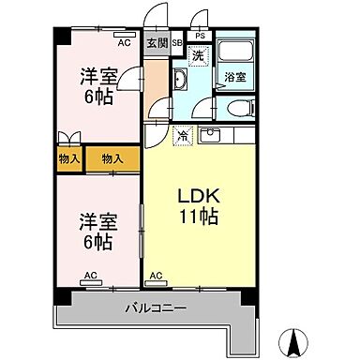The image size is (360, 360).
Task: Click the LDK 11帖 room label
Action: pyautogui.click(x=200, y=207)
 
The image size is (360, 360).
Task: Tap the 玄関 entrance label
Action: pyautogui.click(x=156, y=44)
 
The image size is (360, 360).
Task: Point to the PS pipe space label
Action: pyautogui.click(x=200, y=37)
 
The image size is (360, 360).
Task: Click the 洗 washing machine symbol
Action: pyautogui.click(x=197, y=55)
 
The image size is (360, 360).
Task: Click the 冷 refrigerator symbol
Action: pyautogui.click(x=183, y=137)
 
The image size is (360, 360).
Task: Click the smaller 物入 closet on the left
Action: pyautogui.click(x=69, y=159)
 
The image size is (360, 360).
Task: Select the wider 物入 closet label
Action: pyautogui.click(x=112, y=159)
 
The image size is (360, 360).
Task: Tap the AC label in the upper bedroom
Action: pyautogui.click(x=123, y=42)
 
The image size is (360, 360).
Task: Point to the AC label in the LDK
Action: pyautogui.click(x=156, y=275)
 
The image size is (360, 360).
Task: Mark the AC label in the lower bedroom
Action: pyautogui.click(x=91, y=275)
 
